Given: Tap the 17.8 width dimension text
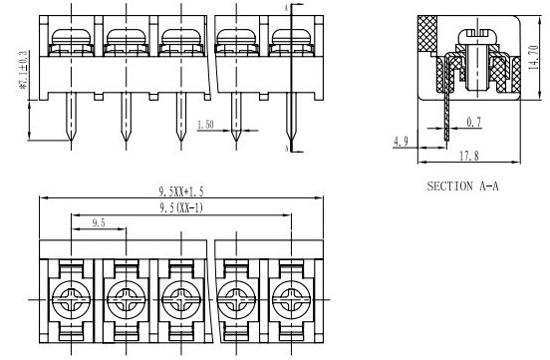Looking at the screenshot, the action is (x=469, y=156).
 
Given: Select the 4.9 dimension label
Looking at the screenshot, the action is (x=401, y=142).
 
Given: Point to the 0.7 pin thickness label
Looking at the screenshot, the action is (x=474, y=122).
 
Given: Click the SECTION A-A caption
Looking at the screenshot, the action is (x=462, y=185).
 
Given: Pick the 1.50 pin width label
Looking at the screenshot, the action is (x=205, y=125).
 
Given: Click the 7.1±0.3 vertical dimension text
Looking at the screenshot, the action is (x=24, y=70).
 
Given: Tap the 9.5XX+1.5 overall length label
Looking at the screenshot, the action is (x=181, y=191).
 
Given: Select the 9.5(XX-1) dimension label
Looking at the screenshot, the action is (x=181, y=208).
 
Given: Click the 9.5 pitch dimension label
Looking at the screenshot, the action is (x=99, y=222).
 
